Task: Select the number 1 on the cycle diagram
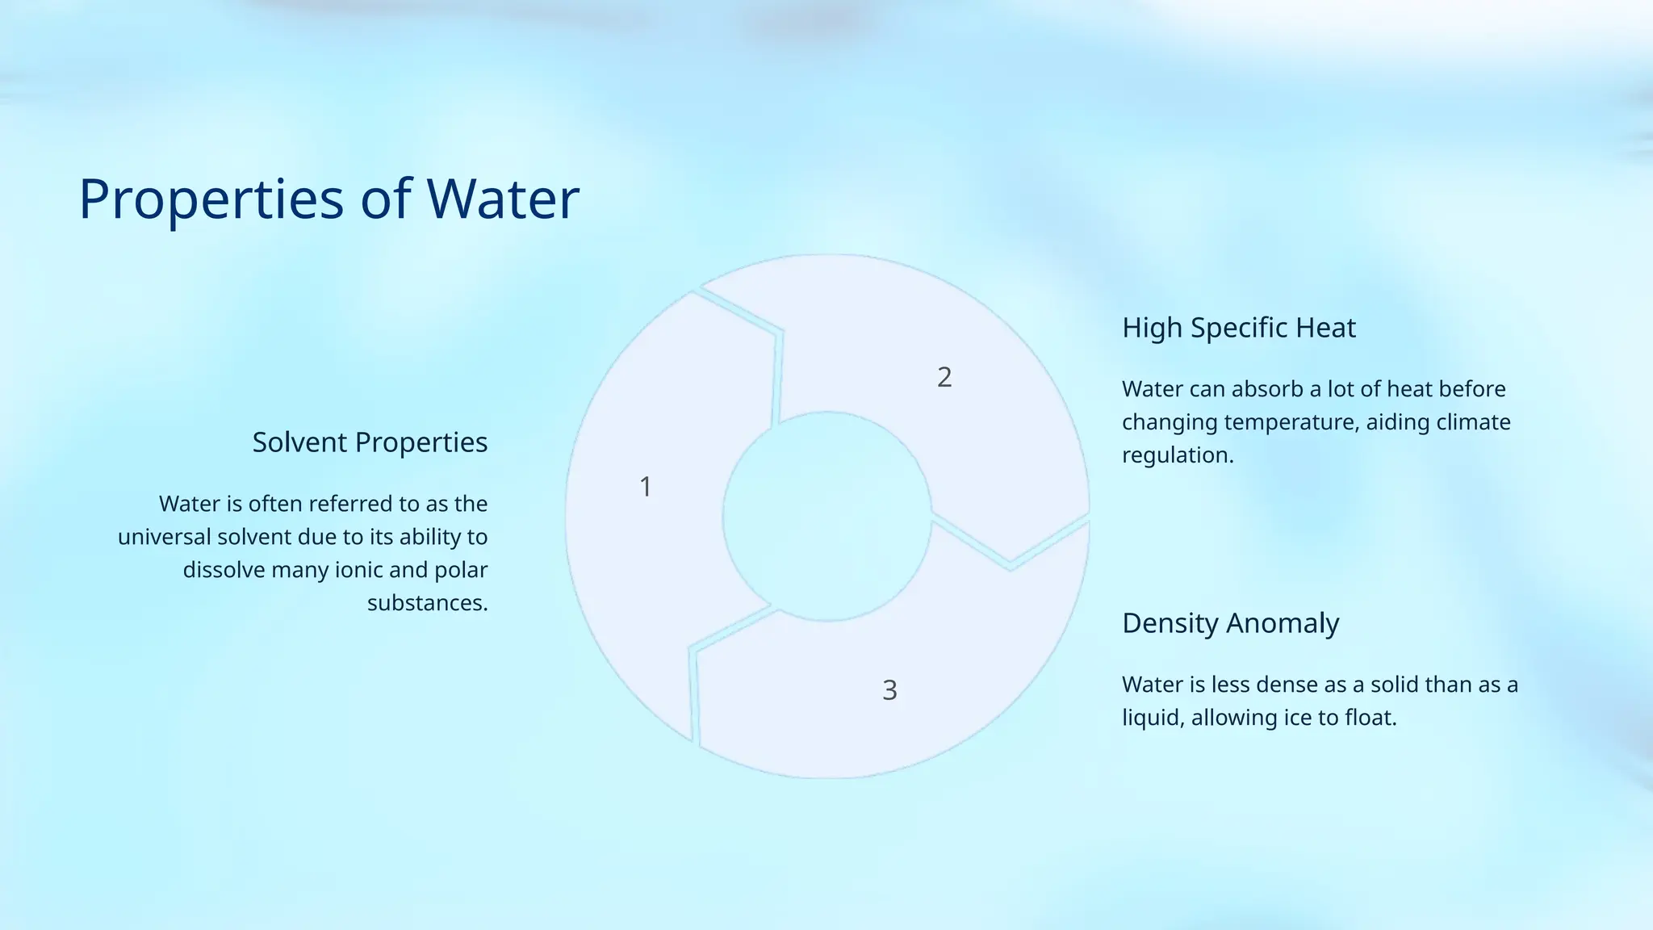click(646, 487)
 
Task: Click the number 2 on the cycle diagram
click(944, 377)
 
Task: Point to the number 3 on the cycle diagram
click(889, 690)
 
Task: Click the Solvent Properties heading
click(370, 442)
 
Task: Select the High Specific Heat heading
click(1238, 328)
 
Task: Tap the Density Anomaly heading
click(1230, 623)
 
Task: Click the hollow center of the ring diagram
click(826, 517)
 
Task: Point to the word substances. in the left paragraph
click(427, 603)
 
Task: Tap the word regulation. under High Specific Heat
click(1178, 455)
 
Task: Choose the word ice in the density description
click(1296, 718)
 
